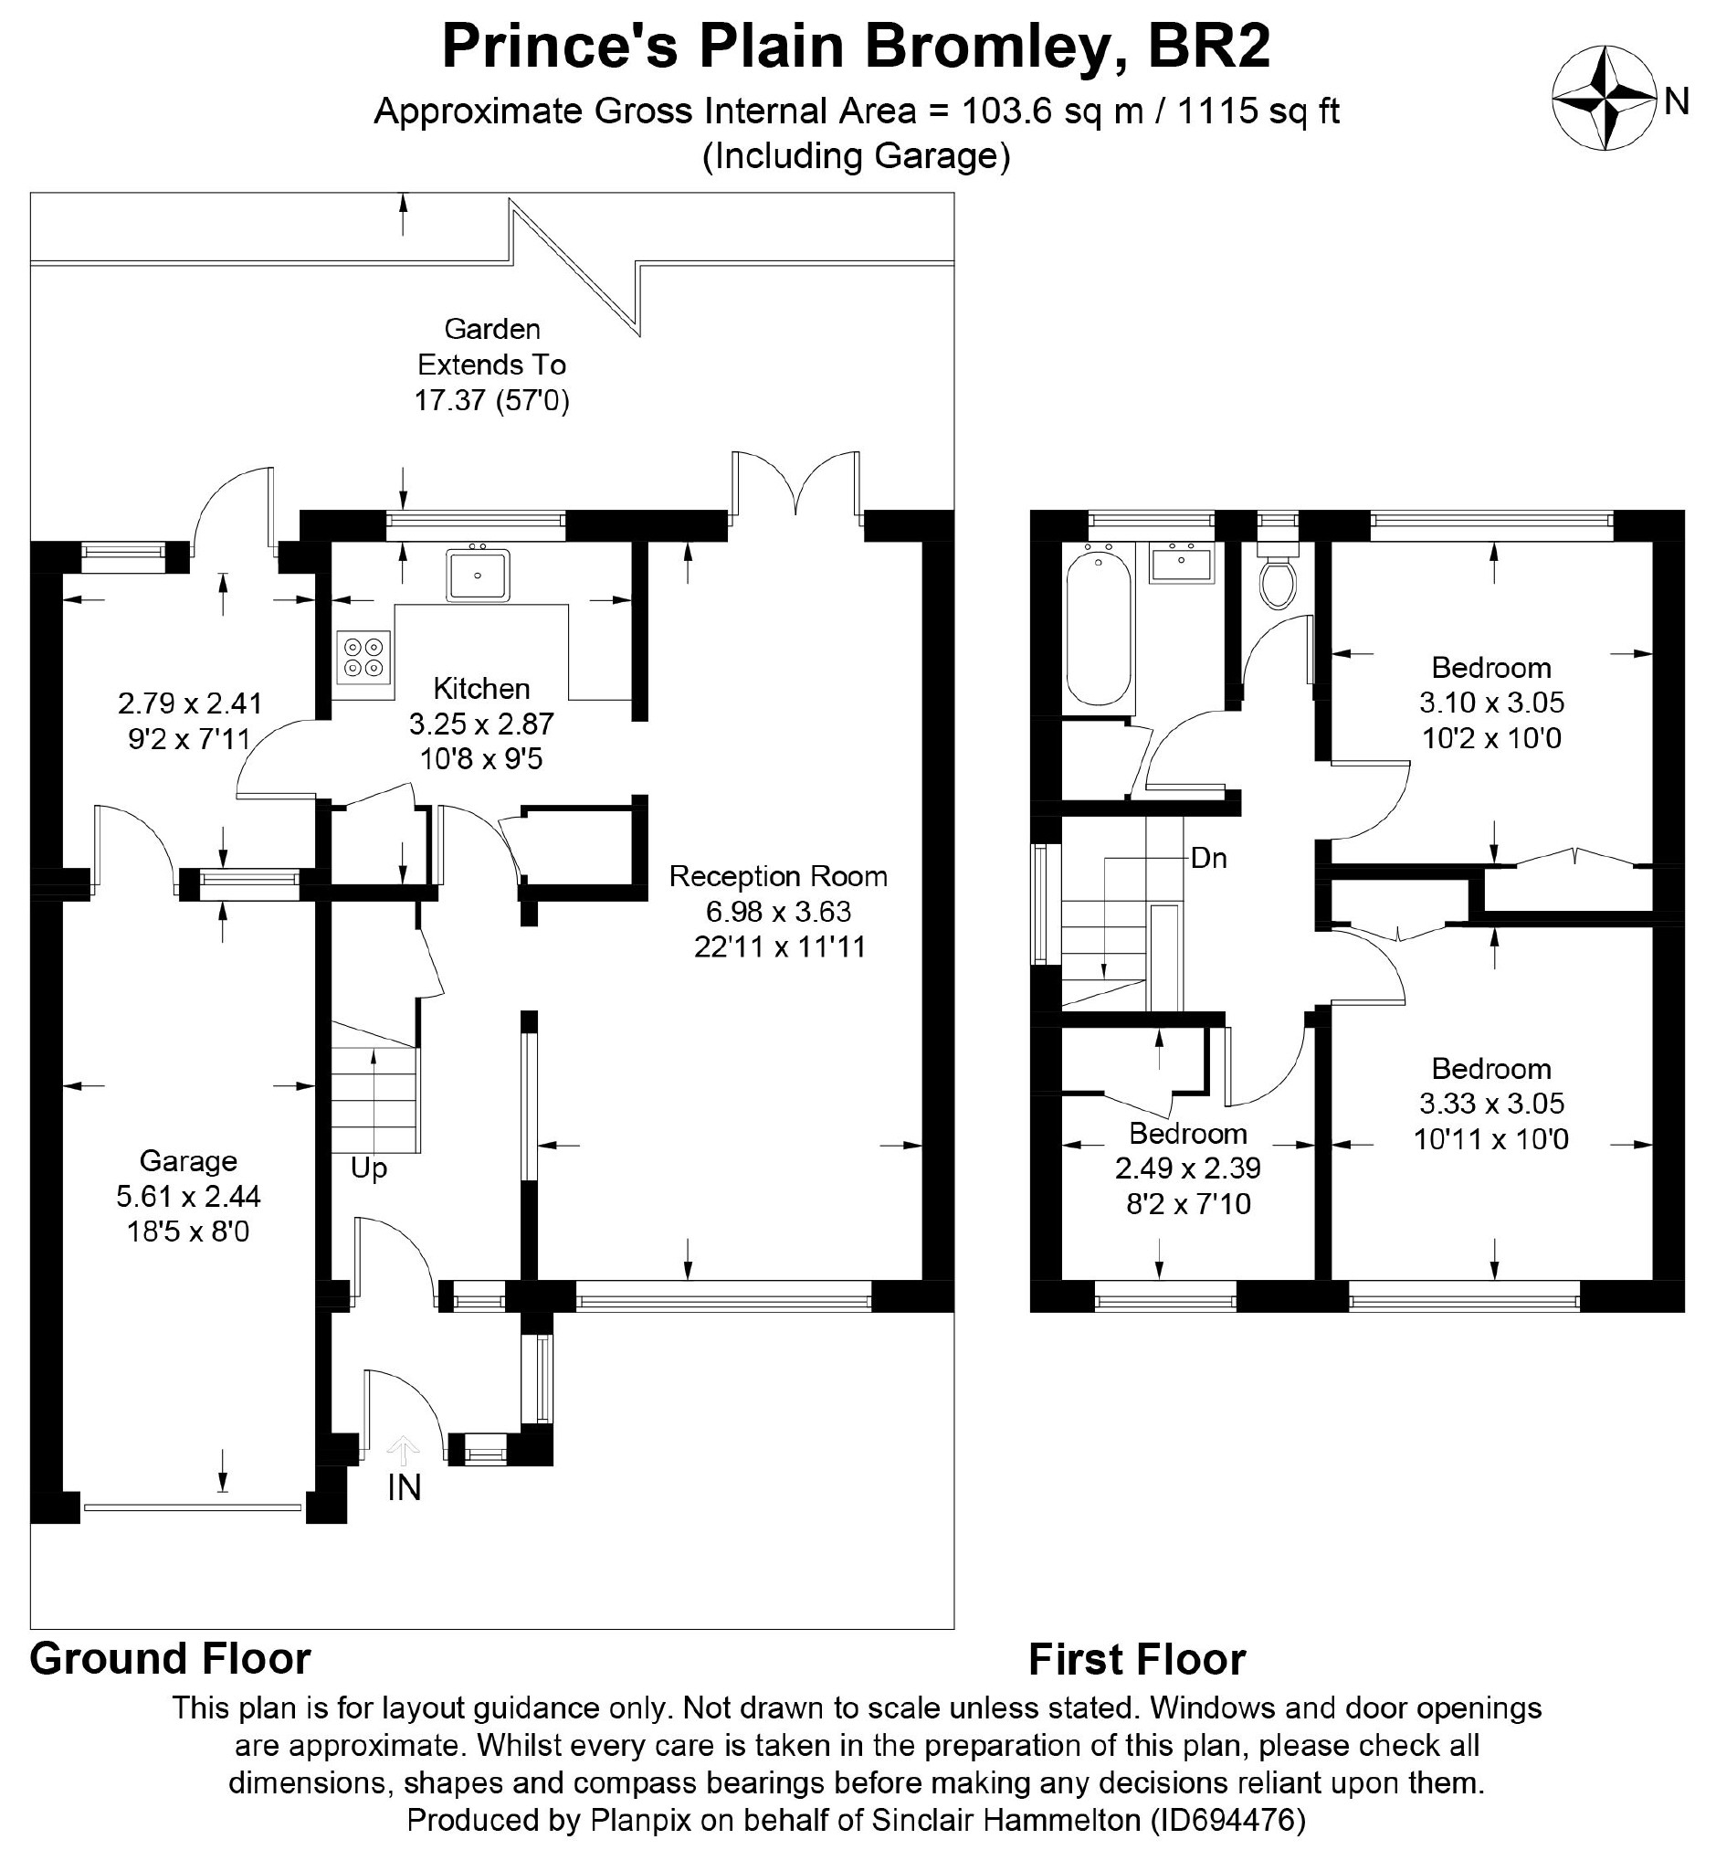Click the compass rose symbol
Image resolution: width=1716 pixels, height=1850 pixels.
[x=1605, y=98]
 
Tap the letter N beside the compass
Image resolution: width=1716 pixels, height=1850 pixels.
[x=1676, y=101]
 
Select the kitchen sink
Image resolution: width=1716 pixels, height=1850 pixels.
[x=478, y=575]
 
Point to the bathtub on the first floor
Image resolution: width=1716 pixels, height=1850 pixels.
[x=1100, y=628]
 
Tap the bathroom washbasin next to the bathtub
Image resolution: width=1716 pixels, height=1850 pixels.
[x=1181, y=564]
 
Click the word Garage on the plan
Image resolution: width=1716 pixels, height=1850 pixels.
[x=188, y=1161]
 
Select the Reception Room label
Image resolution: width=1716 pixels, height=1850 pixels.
[x=778, y=876]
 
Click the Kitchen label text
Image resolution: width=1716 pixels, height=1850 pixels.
[x=482, y=688]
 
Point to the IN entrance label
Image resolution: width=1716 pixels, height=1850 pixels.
[x=404, y=1488]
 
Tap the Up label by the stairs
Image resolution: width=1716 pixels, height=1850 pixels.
[x=369, y=1168]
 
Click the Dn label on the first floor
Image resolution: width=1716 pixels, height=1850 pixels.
[x=1209, y=858]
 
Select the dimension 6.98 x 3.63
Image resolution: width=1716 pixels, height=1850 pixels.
[x=778, y=911]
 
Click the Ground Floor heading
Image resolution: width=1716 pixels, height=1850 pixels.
[x=171, y=1659]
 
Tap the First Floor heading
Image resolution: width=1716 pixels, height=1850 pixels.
[x=1138, y=1660]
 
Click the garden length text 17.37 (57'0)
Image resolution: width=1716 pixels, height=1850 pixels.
[x=491, y=400]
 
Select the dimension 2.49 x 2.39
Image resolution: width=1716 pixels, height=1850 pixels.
[x=1187, y=1168]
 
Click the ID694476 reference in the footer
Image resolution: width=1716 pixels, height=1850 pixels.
[x=1227, y=1820]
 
